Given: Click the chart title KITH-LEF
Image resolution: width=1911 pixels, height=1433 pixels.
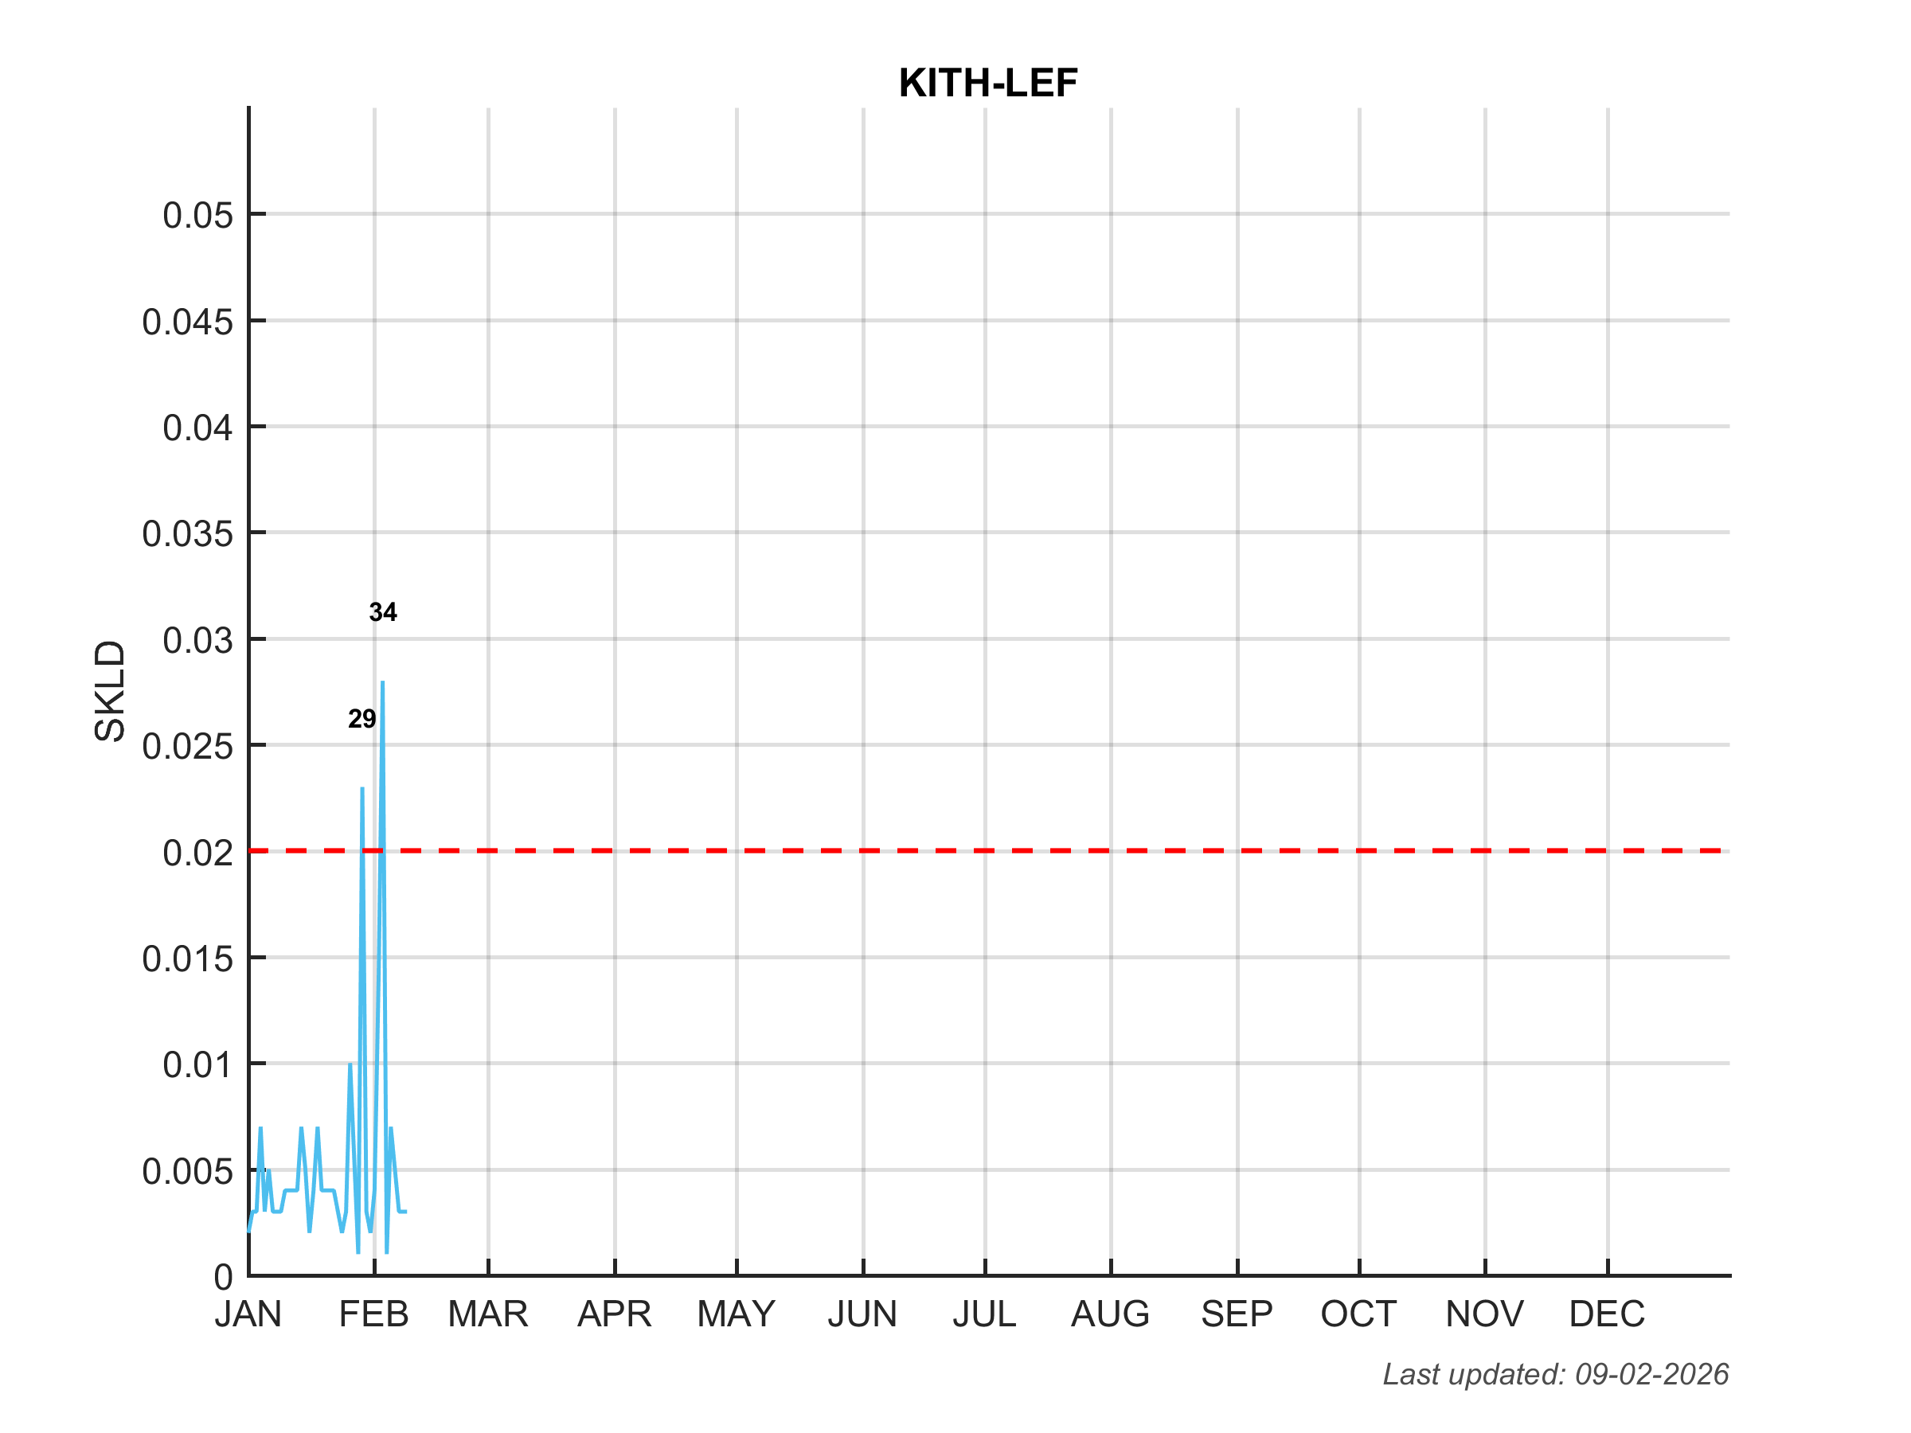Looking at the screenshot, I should tap(987, 83).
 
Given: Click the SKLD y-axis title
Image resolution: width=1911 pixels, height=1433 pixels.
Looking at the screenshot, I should tap(111, 691).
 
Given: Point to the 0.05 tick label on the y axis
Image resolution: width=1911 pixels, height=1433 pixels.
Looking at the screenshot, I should tap(197, 215).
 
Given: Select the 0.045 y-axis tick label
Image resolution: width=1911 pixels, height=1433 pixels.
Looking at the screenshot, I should tap(187, 322).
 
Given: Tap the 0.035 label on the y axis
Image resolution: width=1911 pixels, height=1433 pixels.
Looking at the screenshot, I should tap(187, 534).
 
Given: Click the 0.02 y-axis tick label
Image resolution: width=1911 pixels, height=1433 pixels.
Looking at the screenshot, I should tap(197, 853).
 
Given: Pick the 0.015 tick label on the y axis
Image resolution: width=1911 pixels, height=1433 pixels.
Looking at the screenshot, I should tap(187, 959).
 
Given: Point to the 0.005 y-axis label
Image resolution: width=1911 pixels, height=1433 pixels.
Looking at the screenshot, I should tap(187, 1171).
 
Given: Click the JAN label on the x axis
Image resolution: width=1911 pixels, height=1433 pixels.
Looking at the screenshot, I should tap(248, 1314).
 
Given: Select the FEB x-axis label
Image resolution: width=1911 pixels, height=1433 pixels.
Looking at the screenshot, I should tap(373, 1314).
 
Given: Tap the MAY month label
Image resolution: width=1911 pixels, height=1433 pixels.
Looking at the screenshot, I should tap(736, 1314).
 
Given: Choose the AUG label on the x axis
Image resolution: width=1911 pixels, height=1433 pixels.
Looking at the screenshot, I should tap(1110, 1314).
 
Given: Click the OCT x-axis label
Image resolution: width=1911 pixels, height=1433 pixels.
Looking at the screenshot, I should tap(1358, 1314).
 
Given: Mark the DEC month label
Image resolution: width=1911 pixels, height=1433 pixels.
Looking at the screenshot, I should tap(1607, 1314).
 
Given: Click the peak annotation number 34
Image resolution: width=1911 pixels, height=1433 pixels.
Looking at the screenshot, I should tap(383, 612).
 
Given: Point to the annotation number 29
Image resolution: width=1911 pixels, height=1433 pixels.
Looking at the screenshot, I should tap(362, 719).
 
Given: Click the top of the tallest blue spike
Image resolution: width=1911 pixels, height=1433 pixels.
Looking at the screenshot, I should tap(383, 683).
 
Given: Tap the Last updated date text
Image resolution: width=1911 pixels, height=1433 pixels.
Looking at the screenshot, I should tap(1555, 1374).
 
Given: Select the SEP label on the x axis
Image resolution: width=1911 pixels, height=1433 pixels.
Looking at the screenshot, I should tap(1237, 1314).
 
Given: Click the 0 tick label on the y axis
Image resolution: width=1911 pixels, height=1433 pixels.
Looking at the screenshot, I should tap(224, 1277).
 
